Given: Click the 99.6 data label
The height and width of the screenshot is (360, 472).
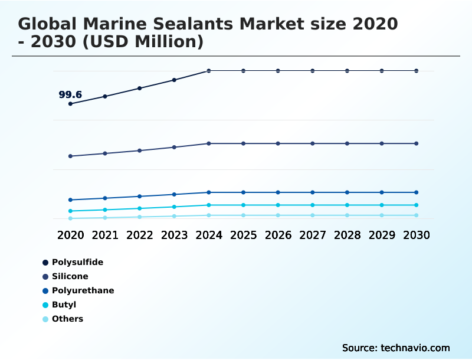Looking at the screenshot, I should coord(70,94).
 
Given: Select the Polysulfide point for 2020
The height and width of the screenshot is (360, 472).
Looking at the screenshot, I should coord(71,104).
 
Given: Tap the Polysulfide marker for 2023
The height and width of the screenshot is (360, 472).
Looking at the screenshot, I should coord(174,80).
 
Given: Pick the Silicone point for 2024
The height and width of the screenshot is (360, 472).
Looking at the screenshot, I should coord(209,143).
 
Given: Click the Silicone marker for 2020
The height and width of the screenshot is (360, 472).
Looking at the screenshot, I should coord(71,156).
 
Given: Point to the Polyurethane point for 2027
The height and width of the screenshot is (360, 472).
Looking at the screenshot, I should coord(313,192).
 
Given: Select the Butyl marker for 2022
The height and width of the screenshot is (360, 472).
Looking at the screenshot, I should coord(140,208).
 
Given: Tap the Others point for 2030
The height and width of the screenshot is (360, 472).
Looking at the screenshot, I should coord(417,215).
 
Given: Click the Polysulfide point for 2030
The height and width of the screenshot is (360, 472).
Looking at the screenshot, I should coord(417,71).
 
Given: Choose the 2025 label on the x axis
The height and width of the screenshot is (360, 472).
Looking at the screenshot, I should coord(243,235).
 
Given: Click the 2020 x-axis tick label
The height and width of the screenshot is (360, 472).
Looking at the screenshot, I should coord(71,235).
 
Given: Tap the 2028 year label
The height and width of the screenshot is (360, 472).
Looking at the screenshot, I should coord(347,235).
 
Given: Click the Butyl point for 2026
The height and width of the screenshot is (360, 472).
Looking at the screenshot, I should coord(278,205).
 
